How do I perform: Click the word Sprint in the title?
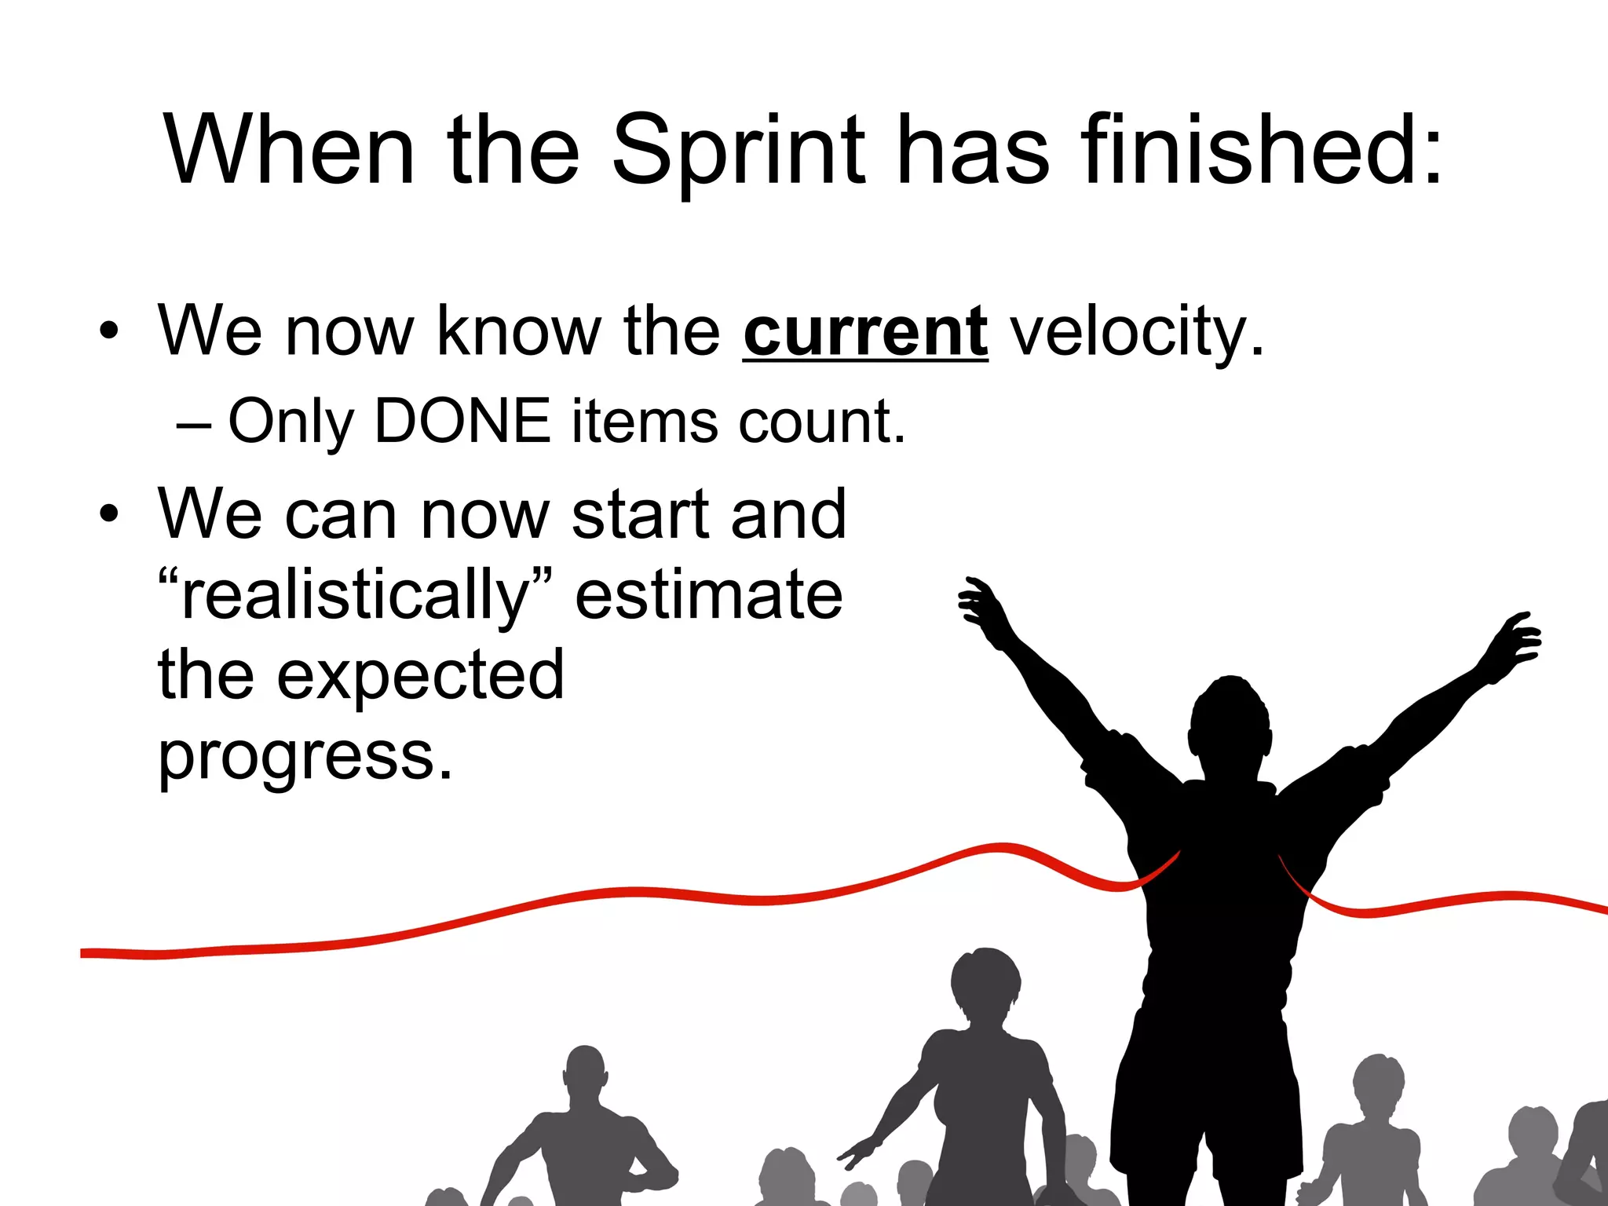(x=738, y=151)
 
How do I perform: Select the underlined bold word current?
(x=865, y=332)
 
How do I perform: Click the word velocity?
(x=1136, y=332)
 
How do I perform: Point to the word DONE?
(x=462, y=422)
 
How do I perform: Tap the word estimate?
(x=709, y=595)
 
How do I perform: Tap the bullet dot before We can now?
(x=109, y=513)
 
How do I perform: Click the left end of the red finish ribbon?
(x=86, y=953)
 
